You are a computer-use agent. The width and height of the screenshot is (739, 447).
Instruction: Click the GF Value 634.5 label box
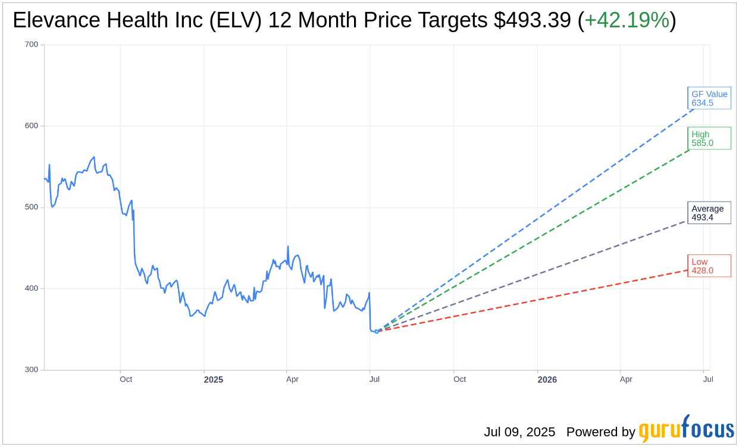(709, 98)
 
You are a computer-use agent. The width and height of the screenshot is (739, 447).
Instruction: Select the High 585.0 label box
(709, 138)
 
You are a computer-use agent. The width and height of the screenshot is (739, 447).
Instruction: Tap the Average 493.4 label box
(709, 213)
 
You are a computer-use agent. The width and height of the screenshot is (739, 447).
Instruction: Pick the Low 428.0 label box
(709, 266)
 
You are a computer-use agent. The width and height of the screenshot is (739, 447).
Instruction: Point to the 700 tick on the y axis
(32, 45)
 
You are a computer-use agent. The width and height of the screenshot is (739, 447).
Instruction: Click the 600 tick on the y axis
(32, 126)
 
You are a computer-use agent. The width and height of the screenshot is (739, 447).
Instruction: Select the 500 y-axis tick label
(32, 207)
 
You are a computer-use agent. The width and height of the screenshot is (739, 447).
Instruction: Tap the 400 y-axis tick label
(32, 288)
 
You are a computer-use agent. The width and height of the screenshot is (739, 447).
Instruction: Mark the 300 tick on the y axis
(32, 370)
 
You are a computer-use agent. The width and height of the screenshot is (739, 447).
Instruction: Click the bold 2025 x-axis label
(213, 379)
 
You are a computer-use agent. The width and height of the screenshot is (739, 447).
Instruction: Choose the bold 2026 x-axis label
(547, 379)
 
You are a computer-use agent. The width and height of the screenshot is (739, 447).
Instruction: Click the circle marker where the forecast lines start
(376, 331)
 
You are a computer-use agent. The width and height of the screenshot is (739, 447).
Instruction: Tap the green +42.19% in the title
(627, 21)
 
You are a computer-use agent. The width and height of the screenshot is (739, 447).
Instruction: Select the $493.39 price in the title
(533, 21)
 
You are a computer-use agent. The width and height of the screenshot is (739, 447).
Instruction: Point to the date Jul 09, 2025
(519, 432)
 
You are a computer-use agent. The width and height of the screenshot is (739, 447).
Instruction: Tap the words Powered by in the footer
(600, 432)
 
